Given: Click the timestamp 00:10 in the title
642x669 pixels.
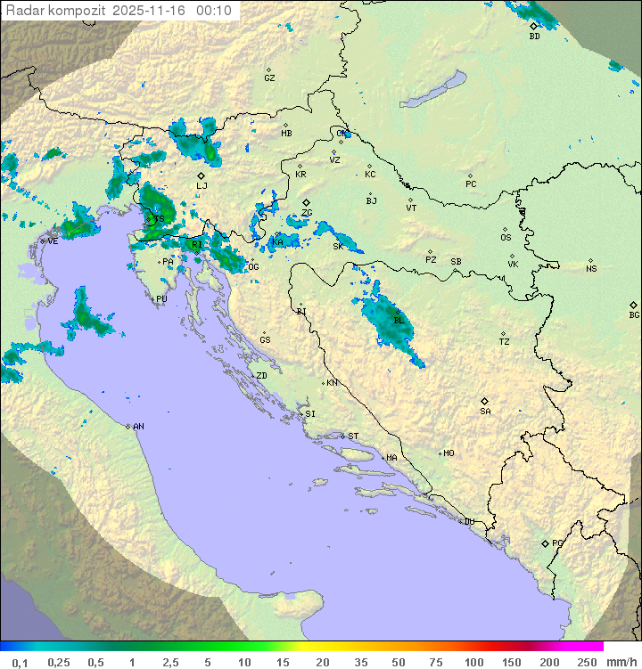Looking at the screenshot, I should (x=214, y=11).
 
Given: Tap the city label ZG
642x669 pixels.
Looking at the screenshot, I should (x=307, y=213).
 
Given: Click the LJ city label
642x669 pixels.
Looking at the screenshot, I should (x=202, y=185).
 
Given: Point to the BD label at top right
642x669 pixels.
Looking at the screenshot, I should (x=534, y=37).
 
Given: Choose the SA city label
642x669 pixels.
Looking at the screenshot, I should (x=485, y=412).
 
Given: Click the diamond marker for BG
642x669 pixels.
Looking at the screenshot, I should (x=634, y=305).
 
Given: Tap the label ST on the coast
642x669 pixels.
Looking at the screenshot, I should (x=353, y=436).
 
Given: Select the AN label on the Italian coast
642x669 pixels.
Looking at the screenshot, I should (x=138, y=427).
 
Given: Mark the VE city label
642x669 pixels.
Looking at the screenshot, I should (x=53, y=241).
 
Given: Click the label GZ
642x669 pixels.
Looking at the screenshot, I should (x=269, y=78).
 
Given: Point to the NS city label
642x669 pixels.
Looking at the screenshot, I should (x=591, y=269).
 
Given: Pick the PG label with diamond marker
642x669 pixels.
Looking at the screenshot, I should (x=557, y=543).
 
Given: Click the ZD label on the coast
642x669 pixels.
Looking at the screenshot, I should (x=261, y=376).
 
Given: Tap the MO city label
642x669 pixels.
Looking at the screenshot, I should (x=449, y=453).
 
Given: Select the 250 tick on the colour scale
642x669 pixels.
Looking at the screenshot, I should (x=586, y=662).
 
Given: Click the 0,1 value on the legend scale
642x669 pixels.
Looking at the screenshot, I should (x=20, y=662).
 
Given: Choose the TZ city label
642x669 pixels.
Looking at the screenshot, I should (x=505, y=342).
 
